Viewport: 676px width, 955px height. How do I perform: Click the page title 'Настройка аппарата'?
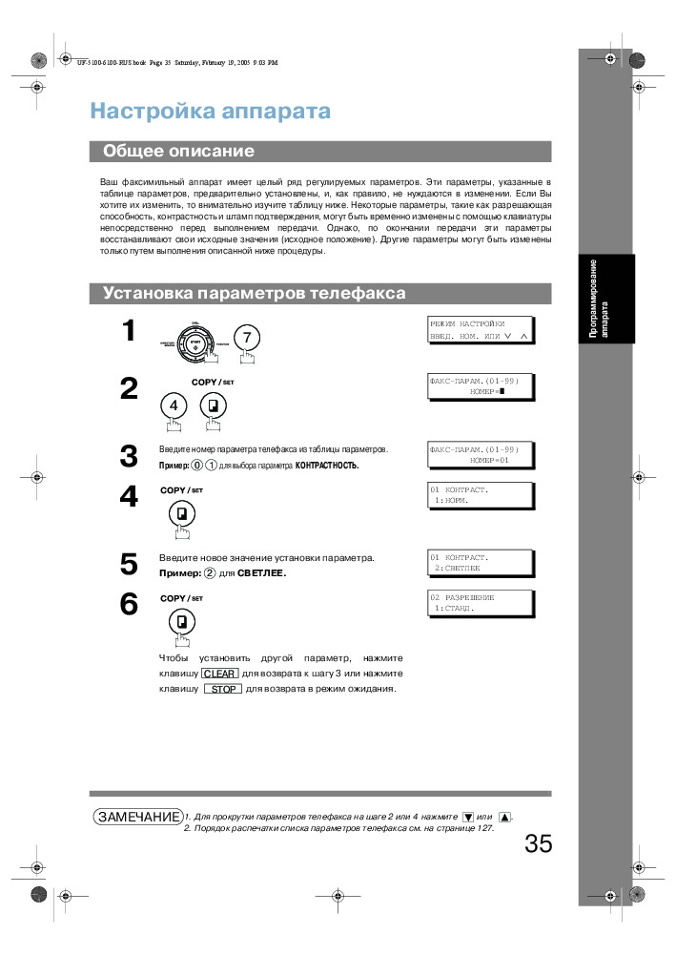coord(210,112)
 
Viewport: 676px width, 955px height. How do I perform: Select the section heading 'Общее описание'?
coord(178,151)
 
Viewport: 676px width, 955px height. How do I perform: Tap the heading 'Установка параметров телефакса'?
coord(254,294)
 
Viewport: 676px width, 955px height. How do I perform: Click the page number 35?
coord(538,844)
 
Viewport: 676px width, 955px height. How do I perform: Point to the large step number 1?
coord(129,332)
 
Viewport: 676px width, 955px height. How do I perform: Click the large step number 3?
coord(129,457)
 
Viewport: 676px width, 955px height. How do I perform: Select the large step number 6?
coord(129,605)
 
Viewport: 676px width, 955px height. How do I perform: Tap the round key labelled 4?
coord(174,405)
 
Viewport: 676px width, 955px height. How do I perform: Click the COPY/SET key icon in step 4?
coord(180,515)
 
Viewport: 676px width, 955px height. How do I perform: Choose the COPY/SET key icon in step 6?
coord(180,623)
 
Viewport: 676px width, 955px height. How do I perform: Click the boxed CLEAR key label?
coord(219,674)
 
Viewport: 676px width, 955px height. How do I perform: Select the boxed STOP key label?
coord(222,689)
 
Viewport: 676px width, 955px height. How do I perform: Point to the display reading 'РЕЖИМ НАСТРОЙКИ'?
coord(480,330)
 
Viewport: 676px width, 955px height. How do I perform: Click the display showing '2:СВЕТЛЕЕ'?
coord(480,562)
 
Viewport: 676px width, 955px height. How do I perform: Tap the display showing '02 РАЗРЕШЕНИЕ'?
coord(480,602)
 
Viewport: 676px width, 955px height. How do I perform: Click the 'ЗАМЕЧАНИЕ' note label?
coord(138,817)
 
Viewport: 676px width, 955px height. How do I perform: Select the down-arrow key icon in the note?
coord(467,818)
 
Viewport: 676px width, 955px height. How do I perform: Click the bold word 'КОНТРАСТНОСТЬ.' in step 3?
coord(327,466)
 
